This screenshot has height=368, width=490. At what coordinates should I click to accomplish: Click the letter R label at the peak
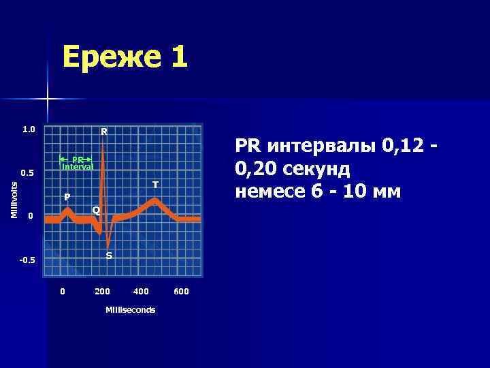click(104, 131)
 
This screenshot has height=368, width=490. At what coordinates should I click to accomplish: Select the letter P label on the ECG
click(67, 197)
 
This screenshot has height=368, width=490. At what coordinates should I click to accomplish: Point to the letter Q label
click(96, 210)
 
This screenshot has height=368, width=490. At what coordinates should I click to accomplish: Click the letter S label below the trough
click(109, 256)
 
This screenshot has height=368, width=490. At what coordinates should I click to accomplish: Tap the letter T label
click(155, 185)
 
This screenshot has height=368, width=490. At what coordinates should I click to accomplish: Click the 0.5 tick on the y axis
click(27, 173)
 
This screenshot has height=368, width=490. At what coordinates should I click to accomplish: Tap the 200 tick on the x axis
click(102, 292)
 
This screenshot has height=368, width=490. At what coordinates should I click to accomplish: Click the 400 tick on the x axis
click(141, 292)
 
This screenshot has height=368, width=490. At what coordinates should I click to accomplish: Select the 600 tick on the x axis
click(181, 292)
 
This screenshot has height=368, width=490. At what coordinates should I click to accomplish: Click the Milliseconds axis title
click(130, 310)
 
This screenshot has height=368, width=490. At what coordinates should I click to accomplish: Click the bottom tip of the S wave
click(108, 246)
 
